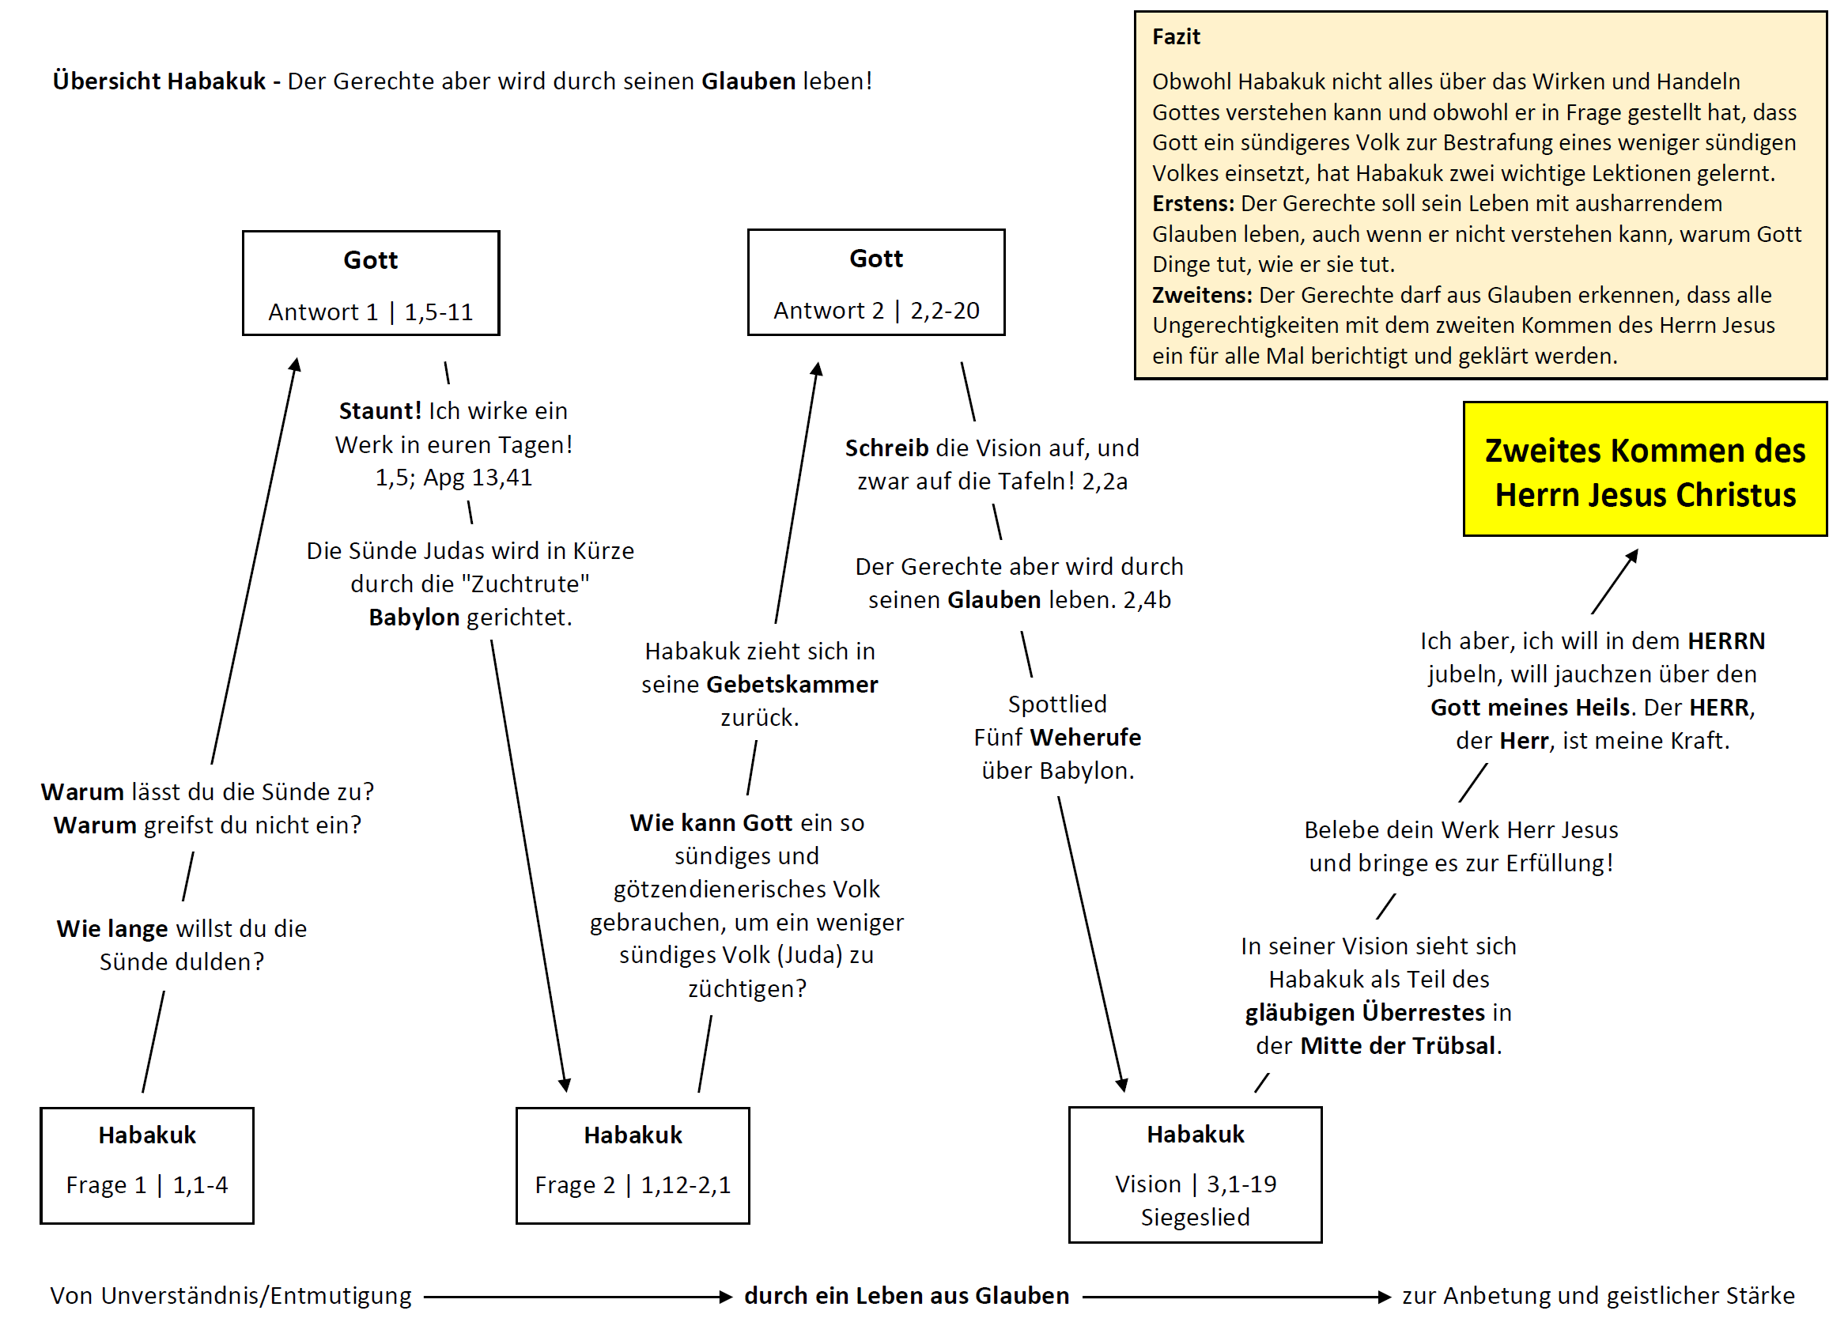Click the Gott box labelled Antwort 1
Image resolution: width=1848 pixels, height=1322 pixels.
(x=370, y=283)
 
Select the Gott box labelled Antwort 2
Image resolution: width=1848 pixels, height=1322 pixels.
(x=876, y=282)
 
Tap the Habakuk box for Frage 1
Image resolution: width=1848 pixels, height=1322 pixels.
(x=146, y=1165)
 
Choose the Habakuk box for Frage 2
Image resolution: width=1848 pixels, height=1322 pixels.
(x=633, y=1165)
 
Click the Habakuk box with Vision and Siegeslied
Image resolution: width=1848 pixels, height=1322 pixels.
(x=1194, y=1174)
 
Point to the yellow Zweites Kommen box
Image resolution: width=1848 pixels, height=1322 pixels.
(x=1645, y=469)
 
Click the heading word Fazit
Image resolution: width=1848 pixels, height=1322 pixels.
(x=1176, y=36)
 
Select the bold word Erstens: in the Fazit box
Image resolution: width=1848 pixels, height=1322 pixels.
(x=1192, y=203)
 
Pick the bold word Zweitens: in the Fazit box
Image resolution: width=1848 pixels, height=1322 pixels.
(x=1202, y=295)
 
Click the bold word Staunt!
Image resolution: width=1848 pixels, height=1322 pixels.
(x=380, y=411)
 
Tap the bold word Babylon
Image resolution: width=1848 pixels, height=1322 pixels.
(x=414, y=617)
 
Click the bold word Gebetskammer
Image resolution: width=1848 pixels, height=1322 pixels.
(x=792, y=685)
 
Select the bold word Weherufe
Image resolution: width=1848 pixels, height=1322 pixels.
(x=1085, y=738)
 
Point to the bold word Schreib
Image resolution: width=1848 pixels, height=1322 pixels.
(x=886, y=448)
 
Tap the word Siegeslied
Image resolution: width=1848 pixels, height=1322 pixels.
(x=1194, y=1217)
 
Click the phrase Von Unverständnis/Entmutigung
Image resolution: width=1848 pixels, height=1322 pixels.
(x=230, y=1295)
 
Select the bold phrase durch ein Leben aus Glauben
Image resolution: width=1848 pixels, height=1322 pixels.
(x=906, y=1295)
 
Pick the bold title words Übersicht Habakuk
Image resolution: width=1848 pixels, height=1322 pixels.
(x=159, y=81)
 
